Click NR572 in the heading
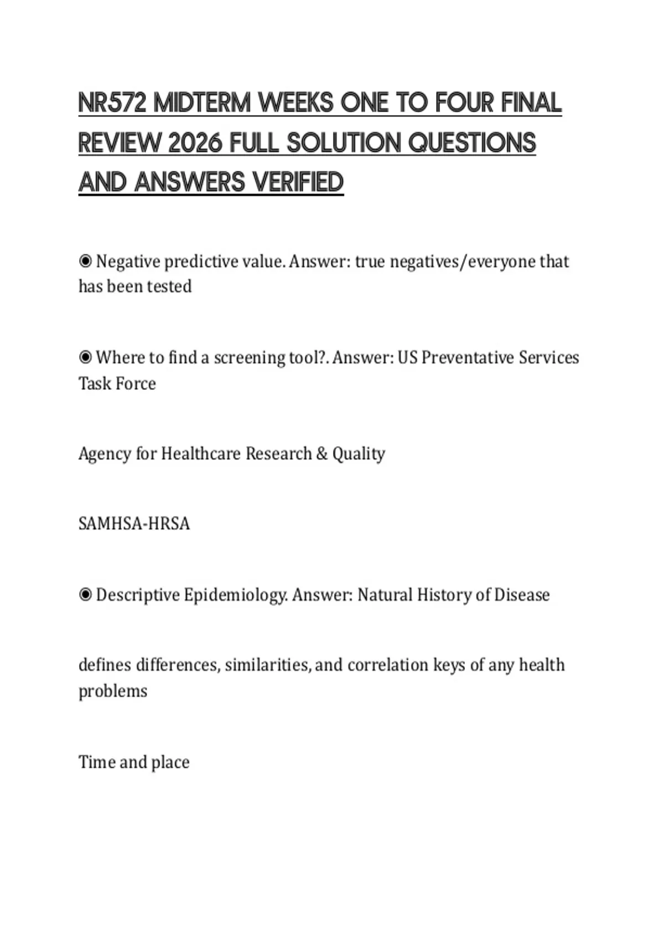click(112, 103)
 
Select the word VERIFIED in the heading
click(297, 182)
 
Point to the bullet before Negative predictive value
click(85, 261)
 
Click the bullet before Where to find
click(85, 358)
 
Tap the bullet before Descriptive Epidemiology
click(85, 595)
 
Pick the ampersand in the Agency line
click(322, 454)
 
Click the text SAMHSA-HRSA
click(134, 524)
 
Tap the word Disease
click(522, 595)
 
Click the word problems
click(113, 691)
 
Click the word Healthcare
click(200, 454)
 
